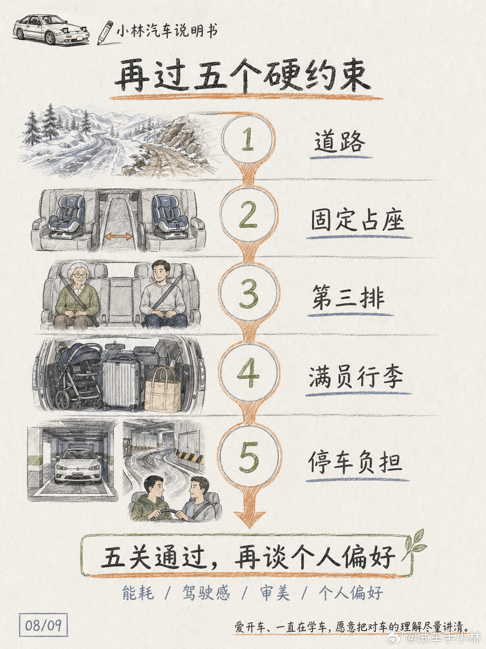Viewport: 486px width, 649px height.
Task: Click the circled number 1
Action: pos(248,138)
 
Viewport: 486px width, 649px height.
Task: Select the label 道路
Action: pos(340,142)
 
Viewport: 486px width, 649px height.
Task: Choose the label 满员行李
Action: pos(356,377)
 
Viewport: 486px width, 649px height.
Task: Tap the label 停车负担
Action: pos(355,462)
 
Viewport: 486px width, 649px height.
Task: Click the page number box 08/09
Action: pos(43,625)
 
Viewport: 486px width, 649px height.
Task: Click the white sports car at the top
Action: pos(51,30)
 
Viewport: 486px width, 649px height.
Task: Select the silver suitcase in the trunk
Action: pos(123,384)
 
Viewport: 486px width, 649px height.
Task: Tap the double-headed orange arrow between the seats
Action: pos(119,236)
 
